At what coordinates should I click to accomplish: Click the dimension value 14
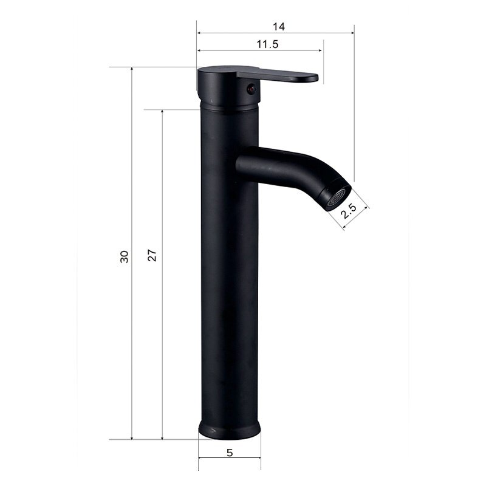click(x=278, y=27)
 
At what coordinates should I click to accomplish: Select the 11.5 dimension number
click(x=267, y=44)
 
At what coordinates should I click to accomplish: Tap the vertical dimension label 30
click(x=125, y=256)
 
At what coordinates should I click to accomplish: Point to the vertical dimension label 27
click(x=152, y=255)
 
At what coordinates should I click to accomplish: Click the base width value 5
click(x=230, y=453)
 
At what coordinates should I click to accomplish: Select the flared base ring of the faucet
click(x=230, y=430)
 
